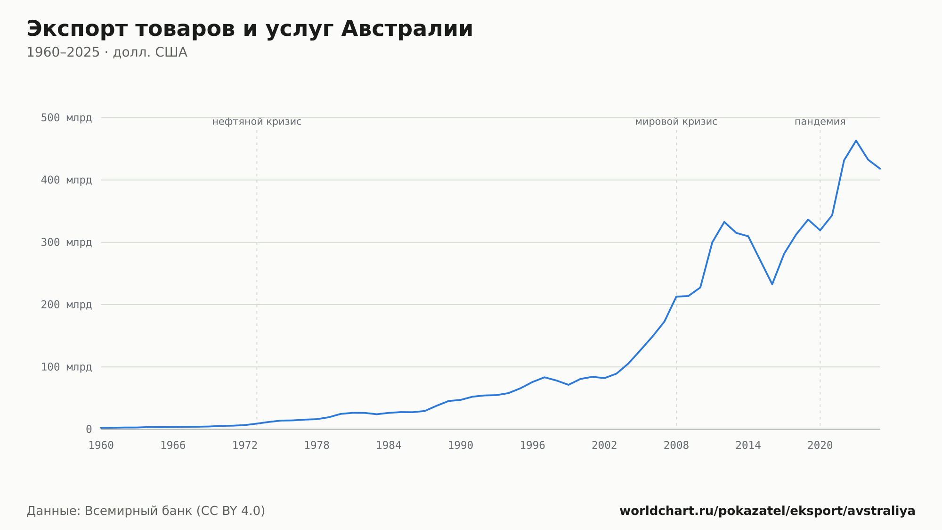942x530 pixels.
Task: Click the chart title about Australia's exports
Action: tap(250, 29)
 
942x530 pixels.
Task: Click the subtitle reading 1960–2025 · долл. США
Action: tap(107, 52)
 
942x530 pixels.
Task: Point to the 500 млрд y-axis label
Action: tap(66, 118)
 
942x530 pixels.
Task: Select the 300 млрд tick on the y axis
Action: tap(66, 242)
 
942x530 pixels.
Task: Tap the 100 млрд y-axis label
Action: tap(66, 367)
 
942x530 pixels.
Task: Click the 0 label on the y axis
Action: tap(89, 429)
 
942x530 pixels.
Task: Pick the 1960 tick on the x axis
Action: tap(101, 446)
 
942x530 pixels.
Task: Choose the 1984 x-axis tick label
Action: tap(389, 446)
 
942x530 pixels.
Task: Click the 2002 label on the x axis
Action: tap(604, 446)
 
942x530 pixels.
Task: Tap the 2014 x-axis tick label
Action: tap(748, 446)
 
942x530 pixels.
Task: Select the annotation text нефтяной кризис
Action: tap(257, 122)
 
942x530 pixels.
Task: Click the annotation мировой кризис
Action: tap(676, 122)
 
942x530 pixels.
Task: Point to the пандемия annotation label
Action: tap(820, 122)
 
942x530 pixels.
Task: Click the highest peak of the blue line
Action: tap(856, 141)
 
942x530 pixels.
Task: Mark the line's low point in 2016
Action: tap(772, 284)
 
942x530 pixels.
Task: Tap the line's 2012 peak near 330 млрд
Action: tap(724, 222)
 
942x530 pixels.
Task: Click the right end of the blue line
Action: tap(880, 168)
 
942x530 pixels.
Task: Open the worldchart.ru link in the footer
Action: tap(767, 511)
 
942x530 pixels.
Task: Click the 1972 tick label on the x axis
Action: tap(245, 446)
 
